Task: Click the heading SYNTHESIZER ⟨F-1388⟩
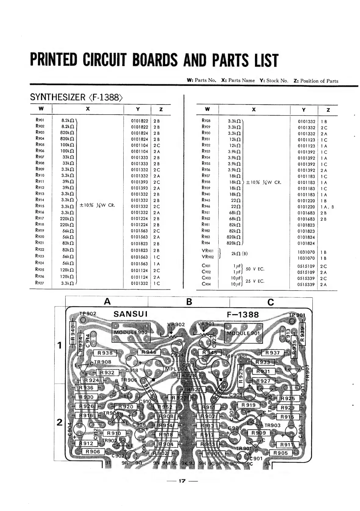click(76, 97)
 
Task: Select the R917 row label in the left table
click(40, 218)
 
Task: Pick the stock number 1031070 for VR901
click(306, 252)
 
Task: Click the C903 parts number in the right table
click(206, 278)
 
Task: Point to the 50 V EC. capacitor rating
click(255, 269)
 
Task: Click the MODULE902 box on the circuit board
click(131, 333)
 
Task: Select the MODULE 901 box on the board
click(243, 333)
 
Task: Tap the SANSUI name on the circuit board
click(130, 314)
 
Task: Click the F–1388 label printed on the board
click(243, 315)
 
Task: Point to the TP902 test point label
click(88, 314)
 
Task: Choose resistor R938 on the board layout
click(105, 353)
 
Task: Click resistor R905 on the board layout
click(280, 453)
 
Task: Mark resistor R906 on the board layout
click(93, 452)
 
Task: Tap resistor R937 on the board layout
click(272, 353)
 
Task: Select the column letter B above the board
click(189, 302)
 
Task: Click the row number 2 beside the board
click(60, 422)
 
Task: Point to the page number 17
click(182, 481)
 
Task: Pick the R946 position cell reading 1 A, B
click(327, 207)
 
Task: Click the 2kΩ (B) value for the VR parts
click(239, 254)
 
